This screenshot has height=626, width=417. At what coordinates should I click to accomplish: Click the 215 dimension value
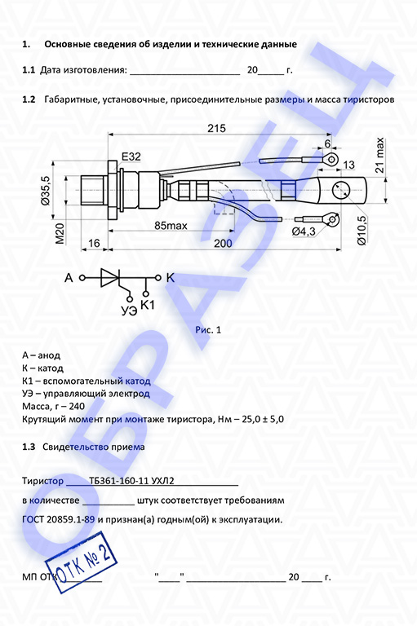(x=216, y=129)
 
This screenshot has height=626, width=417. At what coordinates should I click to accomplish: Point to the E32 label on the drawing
(x=131, y=156)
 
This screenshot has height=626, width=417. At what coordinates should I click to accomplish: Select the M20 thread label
(x=60, y=234)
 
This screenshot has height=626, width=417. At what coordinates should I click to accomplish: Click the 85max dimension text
(x=171, y=226)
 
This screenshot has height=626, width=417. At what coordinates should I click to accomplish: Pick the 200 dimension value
(x=223, y=243)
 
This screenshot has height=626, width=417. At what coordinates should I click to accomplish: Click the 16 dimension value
(x=94, y=243)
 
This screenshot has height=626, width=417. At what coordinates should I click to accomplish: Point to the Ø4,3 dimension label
(x=304, y=231)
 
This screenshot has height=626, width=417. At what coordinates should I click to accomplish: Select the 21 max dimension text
(x=379, y=155)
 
